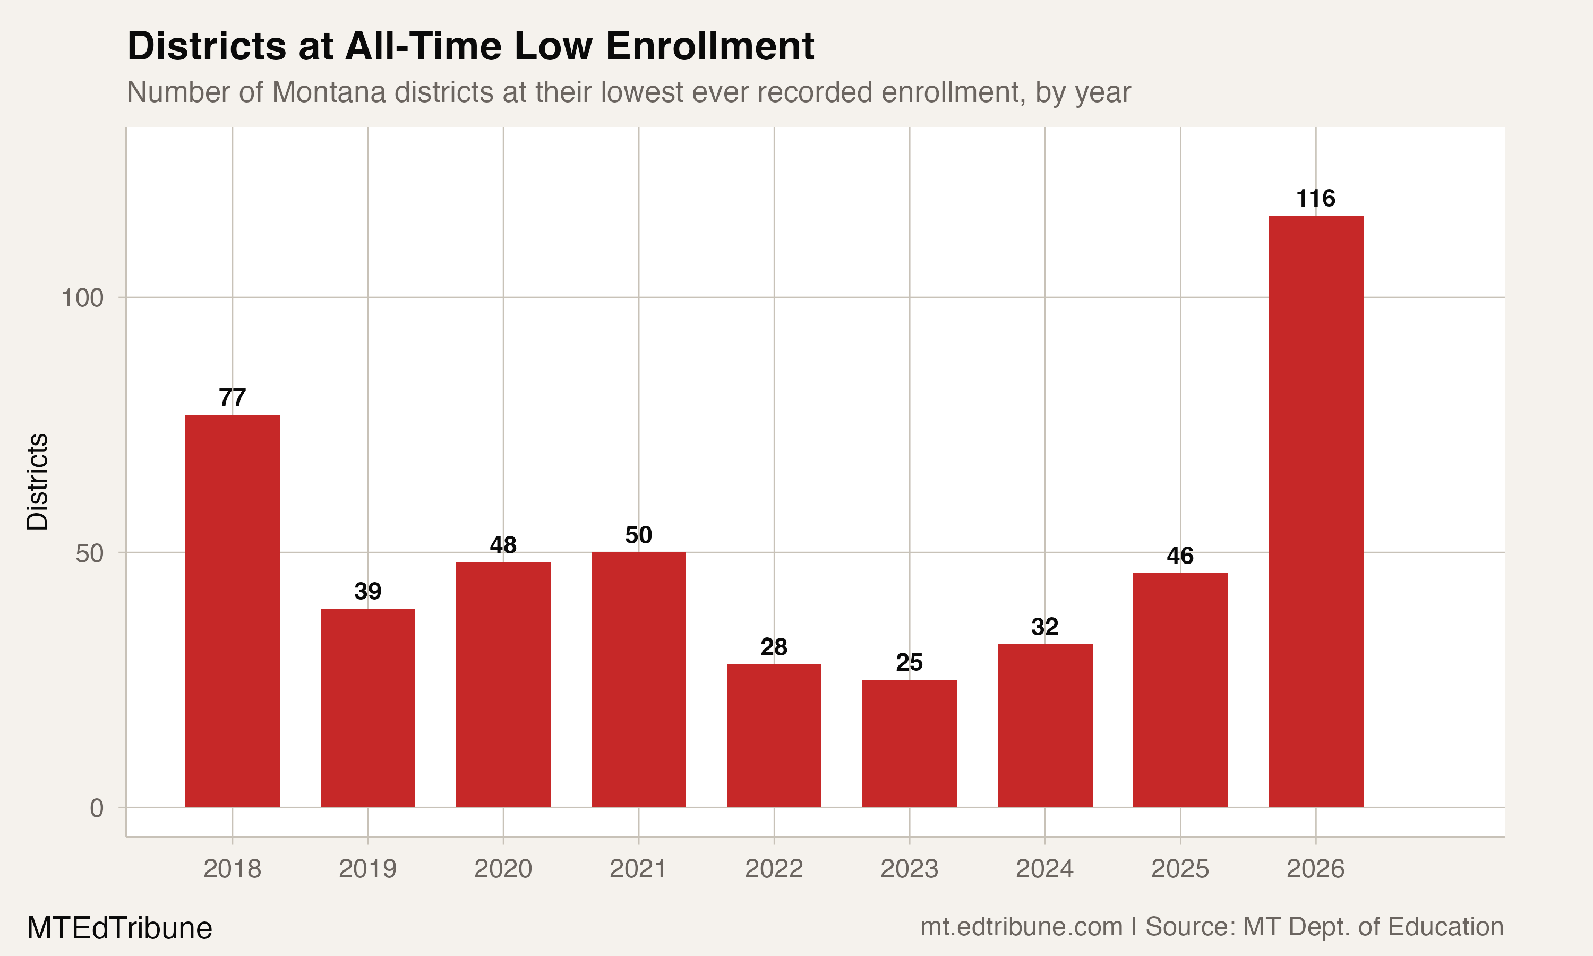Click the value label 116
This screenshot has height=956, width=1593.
1315,199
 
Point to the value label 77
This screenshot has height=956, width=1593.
233,397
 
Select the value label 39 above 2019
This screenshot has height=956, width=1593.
367,591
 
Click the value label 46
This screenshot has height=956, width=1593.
1180,556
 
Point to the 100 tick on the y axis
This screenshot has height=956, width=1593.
82,298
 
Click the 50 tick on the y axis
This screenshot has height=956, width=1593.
90,553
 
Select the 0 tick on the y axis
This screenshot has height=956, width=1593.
97,808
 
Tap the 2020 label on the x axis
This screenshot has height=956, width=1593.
503,869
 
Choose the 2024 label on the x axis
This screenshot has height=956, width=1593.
1044,869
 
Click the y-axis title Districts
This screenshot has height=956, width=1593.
37,482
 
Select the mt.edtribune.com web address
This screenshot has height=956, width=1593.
1021,927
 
